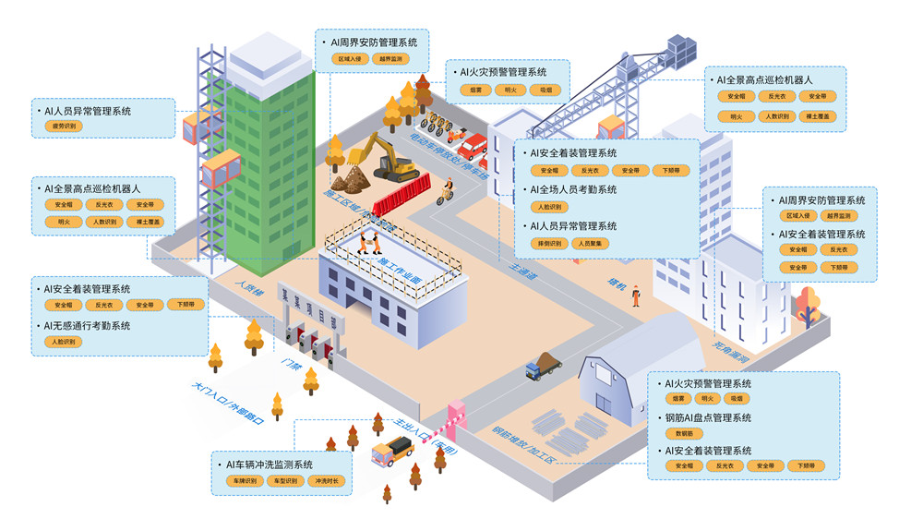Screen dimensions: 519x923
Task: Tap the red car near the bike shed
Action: (x=472, y=146)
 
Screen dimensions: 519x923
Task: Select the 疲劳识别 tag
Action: (x=65, y=126)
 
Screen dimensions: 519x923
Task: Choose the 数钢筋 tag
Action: (x=684, y=433)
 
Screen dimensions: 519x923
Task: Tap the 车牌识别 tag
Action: (x=245, y=481)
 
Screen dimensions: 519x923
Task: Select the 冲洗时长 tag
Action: (x=329, y=481)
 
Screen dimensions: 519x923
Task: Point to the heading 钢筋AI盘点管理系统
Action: (x=708, y=417)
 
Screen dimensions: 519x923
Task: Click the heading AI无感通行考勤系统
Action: (x=87, y=326)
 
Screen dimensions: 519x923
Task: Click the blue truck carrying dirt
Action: (x=544, y=366)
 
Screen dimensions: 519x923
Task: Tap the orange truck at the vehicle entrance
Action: (x=391, y=452)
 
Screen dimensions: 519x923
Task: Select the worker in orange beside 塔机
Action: (x=636, y=295)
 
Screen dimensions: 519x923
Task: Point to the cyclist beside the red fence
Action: (x=446, y=191)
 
